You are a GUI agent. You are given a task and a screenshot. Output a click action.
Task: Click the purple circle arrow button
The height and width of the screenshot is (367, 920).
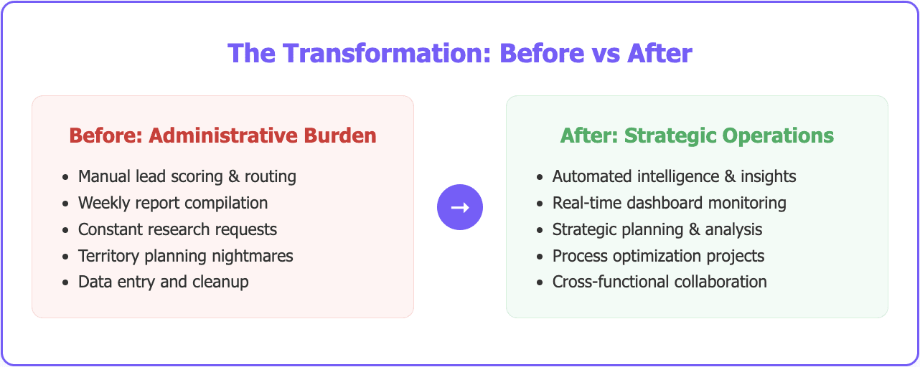click(460, 207)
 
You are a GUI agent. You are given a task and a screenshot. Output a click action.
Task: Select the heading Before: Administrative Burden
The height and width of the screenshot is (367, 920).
click(222, 135)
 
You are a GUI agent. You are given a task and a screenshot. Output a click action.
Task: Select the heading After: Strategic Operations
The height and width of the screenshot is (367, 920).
click(697, 135)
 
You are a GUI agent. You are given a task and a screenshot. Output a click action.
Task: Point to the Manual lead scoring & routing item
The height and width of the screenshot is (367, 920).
click(187, 176)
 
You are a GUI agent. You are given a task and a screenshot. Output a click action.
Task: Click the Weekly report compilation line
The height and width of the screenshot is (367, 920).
click(173, 203)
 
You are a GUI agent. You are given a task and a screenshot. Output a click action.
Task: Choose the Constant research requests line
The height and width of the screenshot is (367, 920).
click(177, 229)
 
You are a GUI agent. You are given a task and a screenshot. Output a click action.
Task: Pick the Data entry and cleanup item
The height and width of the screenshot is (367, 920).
click(164, 282)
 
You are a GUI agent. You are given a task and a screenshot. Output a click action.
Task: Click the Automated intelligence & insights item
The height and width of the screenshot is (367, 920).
click(674, 176)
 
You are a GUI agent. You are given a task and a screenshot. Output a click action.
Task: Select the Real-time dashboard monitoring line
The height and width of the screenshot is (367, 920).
click(669, 203)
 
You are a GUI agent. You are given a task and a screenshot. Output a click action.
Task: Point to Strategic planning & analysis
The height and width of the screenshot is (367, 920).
click(657, 229)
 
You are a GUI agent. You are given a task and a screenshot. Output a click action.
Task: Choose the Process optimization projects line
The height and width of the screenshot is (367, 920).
click(658, 256)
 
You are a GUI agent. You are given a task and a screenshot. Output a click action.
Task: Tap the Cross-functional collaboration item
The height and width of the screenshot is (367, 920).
click(660, 282)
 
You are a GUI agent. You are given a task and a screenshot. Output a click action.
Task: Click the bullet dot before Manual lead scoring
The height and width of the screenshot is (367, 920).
click(66, 177)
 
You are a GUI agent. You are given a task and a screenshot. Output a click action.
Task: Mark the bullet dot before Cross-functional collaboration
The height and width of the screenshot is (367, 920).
click(540, 282)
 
